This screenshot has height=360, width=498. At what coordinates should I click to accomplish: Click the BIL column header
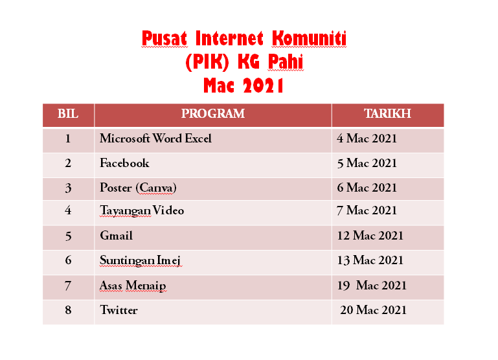point(68,114)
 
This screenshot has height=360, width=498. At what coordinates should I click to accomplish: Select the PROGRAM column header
point(213,114)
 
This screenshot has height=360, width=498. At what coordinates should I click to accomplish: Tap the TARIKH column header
point(387,114)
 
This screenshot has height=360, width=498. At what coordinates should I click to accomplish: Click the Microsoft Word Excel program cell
point(155,139)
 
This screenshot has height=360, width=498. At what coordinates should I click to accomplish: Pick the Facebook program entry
point(124,163)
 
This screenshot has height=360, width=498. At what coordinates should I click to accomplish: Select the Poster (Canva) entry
point(138,188)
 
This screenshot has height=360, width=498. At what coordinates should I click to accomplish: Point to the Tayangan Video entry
point(142,210)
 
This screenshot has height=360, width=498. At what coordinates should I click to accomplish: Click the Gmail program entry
point(116,236)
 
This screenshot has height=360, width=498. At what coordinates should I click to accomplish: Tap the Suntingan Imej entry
point(141,260)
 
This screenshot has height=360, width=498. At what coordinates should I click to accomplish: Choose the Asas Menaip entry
point(133,286)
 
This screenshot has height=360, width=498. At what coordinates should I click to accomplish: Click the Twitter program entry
point(119,310)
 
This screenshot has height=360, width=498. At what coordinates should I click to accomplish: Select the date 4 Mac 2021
point(367,139)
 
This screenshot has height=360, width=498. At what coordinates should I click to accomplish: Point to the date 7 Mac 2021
point(367,210)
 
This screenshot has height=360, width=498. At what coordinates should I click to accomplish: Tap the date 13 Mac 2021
point(370,260)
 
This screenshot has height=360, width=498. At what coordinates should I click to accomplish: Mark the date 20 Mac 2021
point(373,310)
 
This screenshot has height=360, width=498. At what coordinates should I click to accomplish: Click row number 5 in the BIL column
point(68,236)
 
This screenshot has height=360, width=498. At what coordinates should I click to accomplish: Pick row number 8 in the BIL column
point(68,310)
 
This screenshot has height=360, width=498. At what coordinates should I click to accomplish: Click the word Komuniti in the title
point(309,38)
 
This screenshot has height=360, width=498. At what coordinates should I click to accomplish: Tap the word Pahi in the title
point(286,62)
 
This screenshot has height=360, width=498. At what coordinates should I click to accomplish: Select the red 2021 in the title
point(264,85)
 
